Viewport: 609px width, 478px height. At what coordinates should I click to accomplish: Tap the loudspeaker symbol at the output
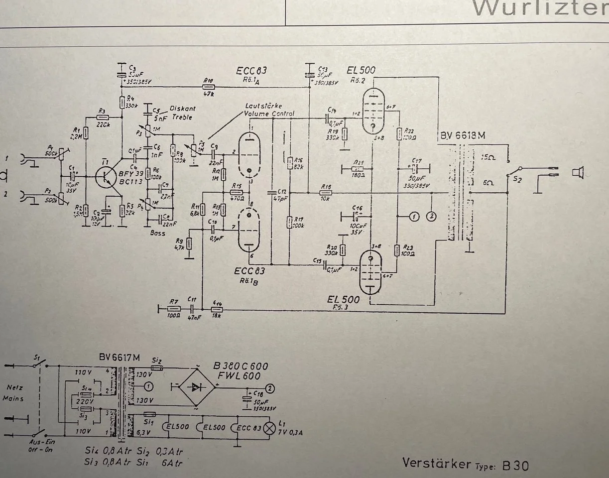click(577, 173)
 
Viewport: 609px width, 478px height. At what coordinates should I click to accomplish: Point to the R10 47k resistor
click(209, 87)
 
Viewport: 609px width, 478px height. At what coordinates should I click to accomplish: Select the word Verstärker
click(437, 463)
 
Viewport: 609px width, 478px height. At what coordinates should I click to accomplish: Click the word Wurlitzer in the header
click(540, 8)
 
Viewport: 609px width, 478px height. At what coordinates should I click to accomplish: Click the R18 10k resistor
click(327, 192)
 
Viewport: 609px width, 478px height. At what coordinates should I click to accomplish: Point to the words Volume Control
click(269, 114)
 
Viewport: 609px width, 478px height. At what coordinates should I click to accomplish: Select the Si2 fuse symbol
click(157, 368)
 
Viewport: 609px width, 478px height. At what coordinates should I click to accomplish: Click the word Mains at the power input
click(14, 398)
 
